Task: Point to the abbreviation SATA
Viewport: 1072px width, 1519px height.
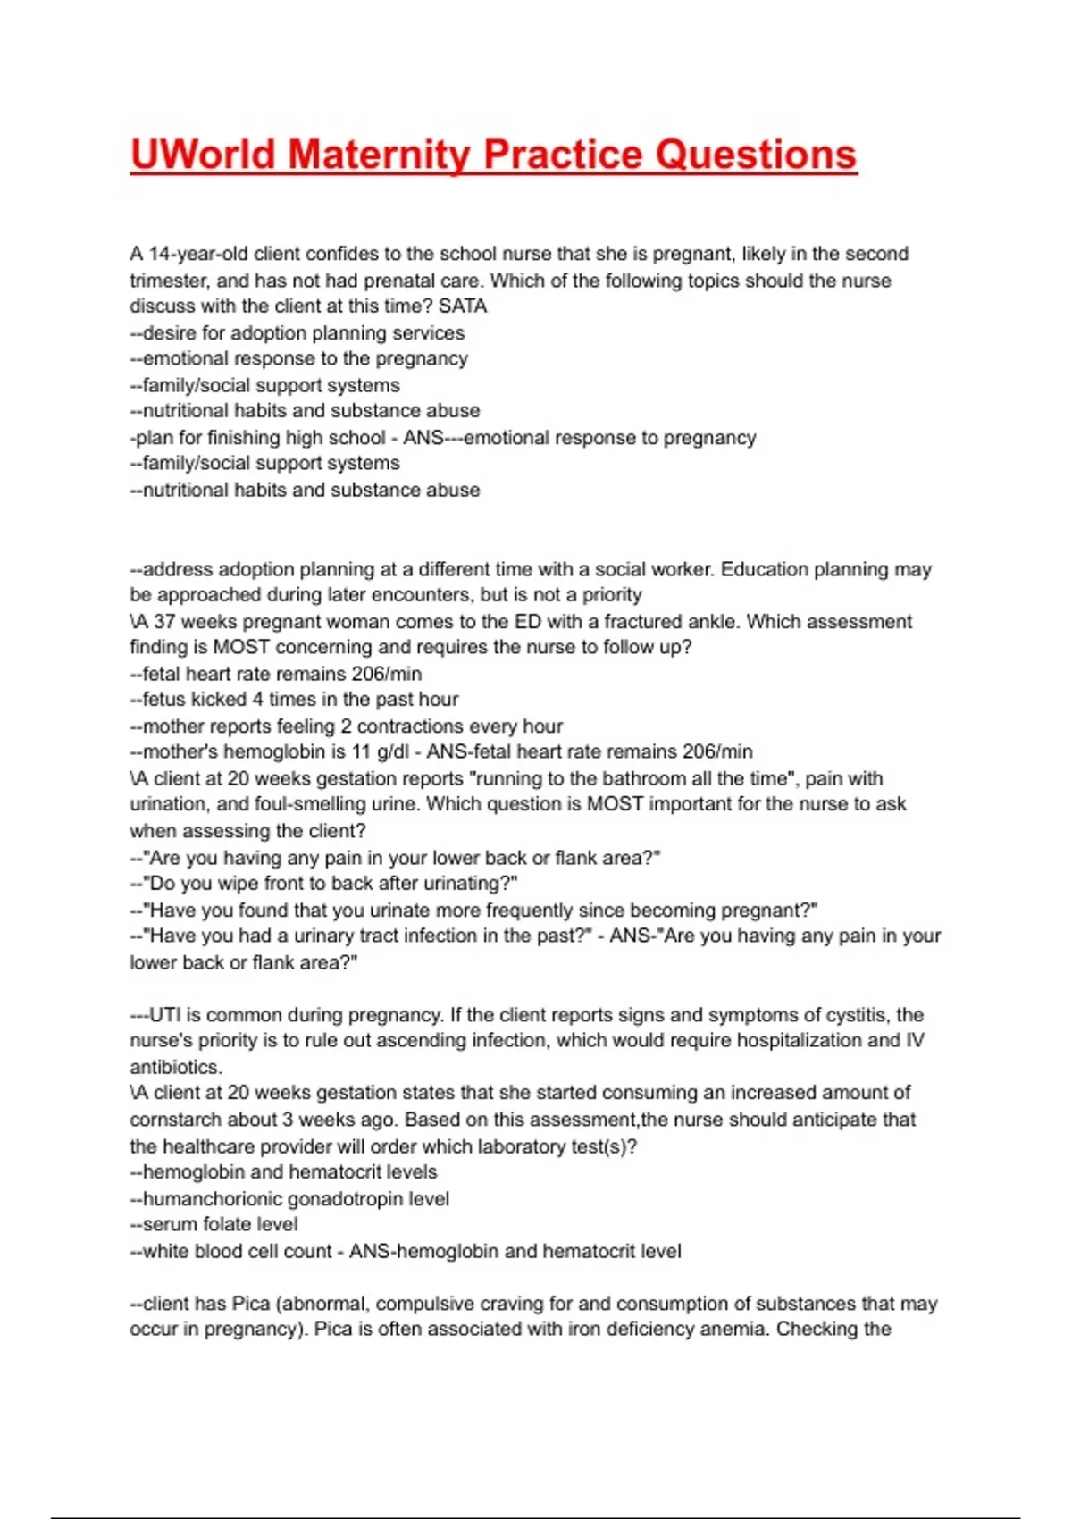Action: coord(463,306)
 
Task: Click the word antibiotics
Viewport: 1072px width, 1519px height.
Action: coord(175,1068)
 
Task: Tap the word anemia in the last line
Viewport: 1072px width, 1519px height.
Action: coord(732,1330)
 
